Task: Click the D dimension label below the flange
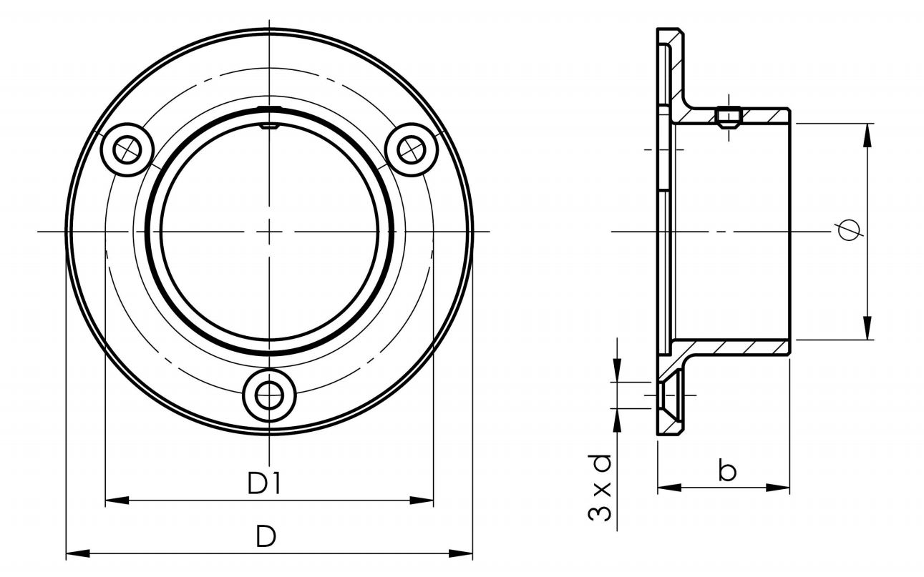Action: (266, 536)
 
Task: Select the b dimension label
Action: (727, 471)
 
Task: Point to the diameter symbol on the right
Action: (849, 230)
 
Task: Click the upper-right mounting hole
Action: (410, 149)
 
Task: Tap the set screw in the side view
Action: (727, 118)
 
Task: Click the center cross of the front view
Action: (269, 231)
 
